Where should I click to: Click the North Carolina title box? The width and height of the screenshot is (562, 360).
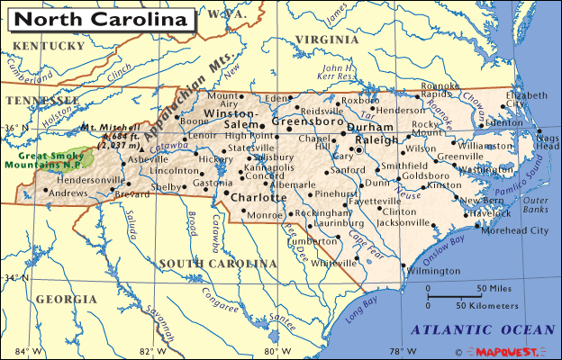click(x=102, y=18)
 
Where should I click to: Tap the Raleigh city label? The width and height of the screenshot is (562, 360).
click(x=376, y=140)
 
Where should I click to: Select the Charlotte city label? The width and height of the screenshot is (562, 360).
click(x=258, y=197)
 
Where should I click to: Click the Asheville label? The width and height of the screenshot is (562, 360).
click(x=148, y=159)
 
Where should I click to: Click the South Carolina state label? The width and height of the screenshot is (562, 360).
click(x=217, y=263)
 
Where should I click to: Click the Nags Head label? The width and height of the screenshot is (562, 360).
click(x=548, y=140)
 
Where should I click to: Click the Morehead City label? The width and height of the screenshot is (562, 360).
click(x=514, y=230)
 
